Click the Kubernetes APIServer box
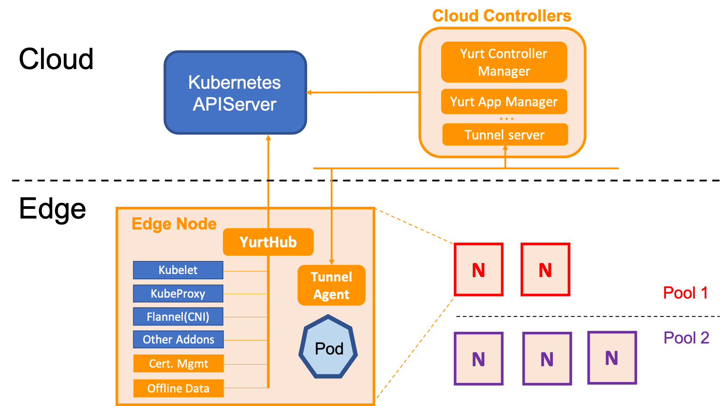click(235, 93)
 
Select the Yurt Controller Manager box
click(504, 62)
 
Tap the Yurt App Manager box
click(504, 101)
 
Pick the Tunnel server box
click(505, 134)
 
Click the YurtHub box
click(268, 242)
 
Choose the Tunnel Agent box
click(332, 285)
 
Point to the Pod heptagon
click(328, 347)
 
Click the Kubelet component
click(178, 270)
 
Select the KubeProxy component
click(178, 294)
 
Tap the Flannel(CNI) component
click(178, 317)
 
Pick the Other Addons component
click(179, 339)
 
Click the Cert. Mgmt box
click(179, 364)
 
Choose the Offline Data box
click(179, 388)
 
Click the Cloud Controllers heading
click(501, 16)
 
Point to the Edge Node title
click(174, 224)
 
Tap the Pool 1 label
click(685, 293)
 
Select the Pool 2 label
click(686, 338)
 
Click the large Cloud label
click(56, 59)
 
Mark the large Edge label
click(52, 209)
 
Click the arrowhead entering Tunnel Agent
click(332, 262)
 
